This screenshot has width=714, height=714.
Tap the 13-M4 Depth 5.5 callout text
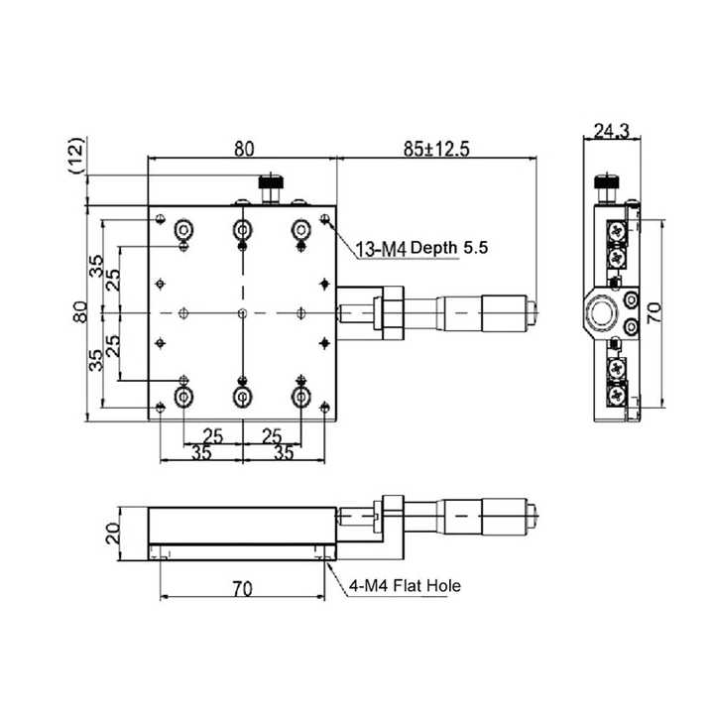[422, 249]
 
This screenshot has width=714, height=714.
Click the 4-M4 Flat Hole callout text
[405, 586]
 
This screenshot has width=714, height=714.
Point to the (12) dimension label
[76, 157]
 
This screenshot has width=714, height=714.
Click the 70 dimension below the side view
[241, 588]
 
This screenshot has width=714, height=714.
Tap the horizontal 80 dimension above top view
[243, 149]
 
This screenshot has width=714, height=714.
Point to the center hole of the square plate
[242, 312]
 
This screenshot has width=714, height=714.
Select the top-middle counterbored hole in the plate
[242, 230]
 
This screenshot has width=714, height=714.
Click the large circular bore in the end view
[603, 313]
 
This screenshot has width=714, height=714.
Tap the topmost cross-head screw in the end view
[618, 231]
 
